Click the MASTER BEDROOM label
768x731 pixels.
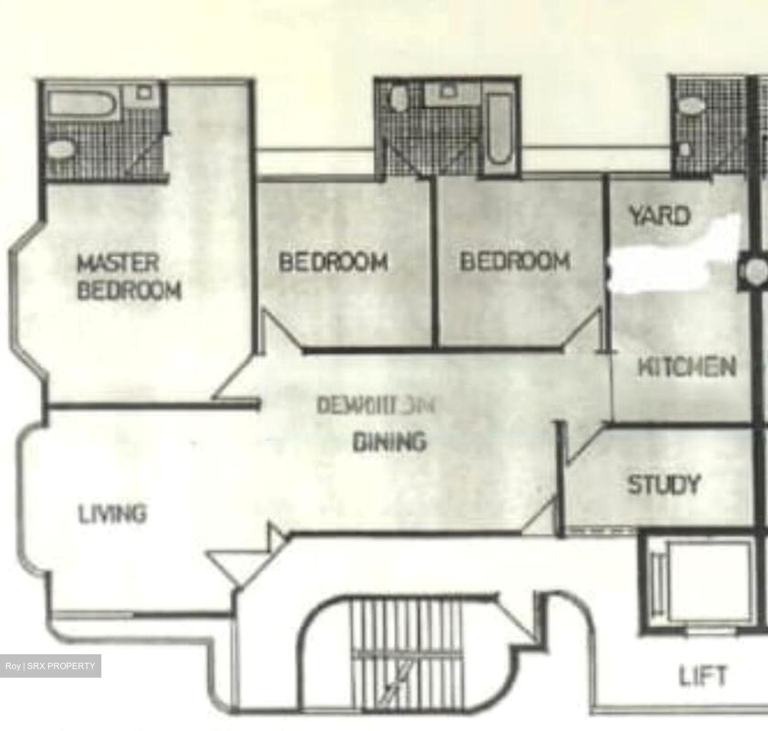[x=129, y=277]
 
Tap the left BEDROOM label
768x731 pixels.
[x=333, y=262]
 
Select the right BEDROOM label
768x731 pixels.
[x=515, y=261]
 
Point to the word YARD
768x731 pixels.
[x=659, y=216]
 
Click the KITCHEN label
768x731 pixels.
[x=687, y=367]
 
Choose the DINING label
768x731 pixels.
[x=390, y=441]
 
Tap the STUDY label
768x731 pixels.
[x=663, y=485]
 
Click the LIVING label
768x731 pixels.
[x=112, y=515]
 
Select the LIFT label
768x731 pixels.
[x=702, y=676]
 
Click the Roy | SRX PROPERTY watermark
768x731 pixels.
[x=50, y=666]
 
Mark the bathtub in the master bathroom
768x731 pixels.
[x=81, y=103]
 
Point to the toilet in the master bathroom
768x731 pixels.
[x=60, y=149]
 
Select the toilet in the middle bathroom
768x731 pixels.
[x=398, y=98]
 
